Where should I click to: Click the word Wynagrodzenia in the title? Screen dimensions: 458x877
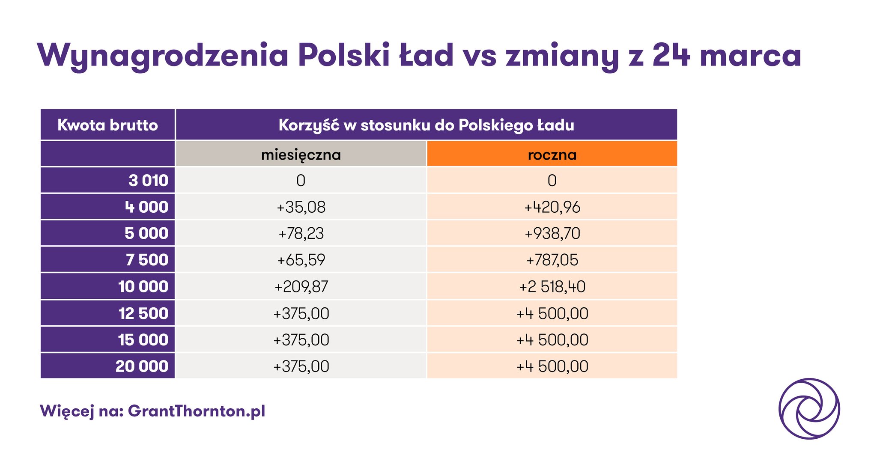pos(163,56)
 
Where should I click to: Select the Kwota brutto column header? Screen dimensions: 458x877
pos(107,125)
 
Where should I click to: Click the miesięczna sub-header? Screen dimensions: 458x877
pos(301,154)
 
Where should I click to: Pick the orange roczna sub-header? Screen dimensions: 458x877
pos(552,154)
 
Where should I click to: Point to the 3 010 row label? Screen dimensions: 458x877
pos(148,181)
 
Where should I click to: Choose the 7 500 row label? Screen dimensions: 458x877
pos(147,260)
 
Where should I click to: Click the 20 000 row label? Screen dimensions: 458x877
pos(142,366)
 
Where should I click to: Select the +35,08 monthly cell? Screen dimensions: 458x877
pos(301,207)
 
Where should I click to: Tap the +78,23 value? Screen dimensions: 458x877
pos(301,234)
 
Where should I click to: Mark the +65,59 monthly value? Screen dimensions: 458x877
pos(301,260)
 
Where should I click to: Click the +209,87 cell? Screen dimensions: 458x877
pos(301,286)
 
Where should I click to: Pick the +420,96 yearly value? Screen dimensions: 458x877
pos(552,207)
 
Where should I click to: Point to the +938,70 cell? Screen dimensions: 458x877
pos(552,234)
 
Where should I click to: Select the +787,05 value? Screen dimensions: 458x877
pos(552,260)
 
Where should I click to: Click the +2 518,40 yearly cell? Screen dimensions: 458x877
pos(552,286)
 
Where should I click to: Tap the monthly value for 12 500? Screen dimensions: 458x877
pos(301,313)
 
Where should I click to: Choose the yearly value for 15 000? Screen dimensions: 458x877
pos(552,340)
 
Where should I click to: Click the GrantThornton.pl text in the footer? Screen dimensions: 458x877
pos(197,411)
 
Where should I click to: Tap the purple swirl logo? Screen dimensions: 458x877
pos(809,408)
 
